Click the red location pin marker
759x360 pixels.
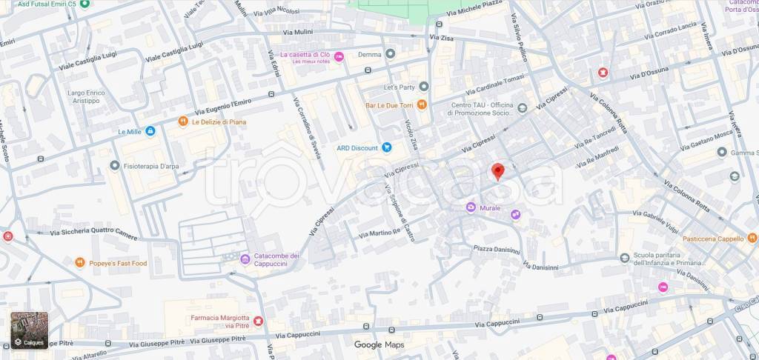[x=498, y=170]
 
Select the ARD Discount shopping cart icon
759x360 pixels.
[x=386, y=147]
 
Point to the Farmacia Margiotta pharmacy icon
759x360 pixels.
[x=258, y=321]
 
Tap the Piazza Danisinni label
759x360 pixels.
[x=496, y=250]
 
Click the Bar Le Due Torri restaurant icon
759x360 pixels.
[x=422, y=104]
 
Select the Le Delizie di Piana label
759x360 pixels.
[x=219, y=121]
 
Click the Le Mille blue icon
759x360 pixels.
[x=150, y=132]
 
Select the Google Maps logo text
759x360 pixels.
[x=379, y=344]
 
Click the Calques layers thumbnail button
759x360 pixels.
[x=30, y=330]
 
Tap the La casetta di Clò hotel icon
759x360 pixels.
[x=339, y=56]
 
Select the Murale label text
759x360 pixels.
[x=489, y=208]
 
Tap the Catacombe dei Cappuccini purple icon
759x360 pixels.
[x=245, y=259]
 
